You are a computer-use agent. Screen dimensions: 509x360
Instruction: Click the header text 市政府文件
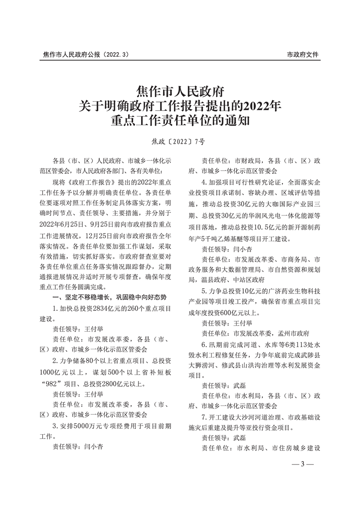click(303, 55)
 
